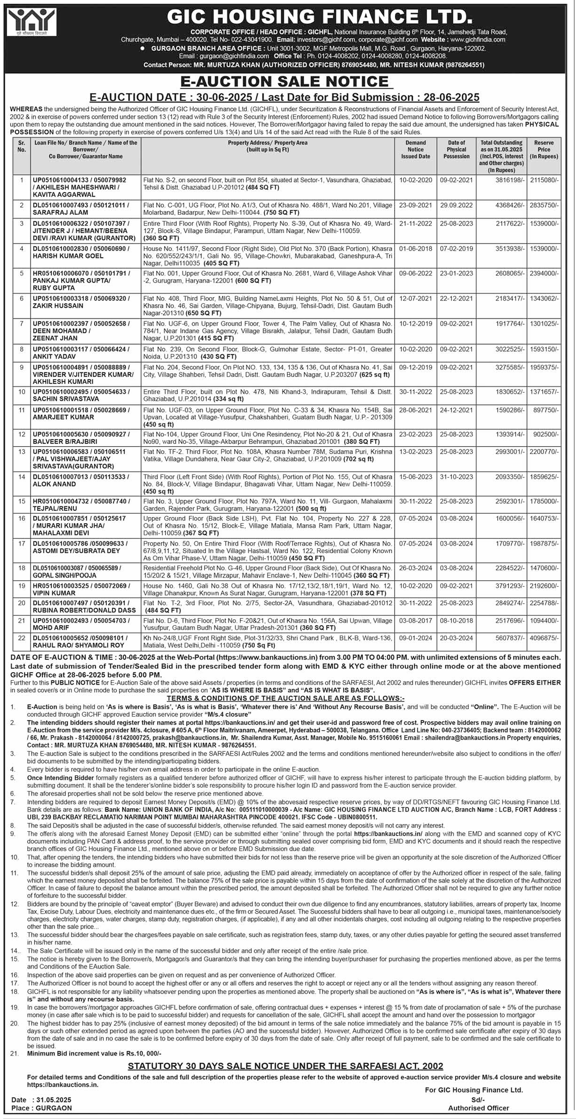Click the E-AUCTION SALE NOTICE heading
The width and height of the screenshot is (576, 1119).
tap(286, 81)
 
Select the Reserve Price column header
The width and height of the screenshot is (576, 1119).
tap(544, 150)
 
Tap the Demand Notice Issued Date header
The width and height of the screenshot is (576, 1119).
tap(415, 150)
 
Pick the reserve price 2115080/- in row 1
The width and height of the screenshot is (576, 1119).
tap(544, 180)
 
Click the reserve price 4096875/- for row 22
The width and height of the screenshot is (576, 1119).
tap(544, 638)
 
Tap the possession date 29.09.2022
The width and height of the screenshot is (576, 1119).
tap(456, 205)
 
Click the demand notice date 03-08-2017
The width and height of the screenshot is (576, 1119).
tap(415, 621)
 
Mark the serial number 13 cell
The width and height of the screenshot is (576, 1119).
tap(22, 452)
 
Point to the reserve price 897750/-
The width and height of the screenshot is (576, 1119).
tap(546, 410)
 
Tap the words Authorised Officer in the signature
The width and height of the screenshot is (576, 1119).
tap(478, 1108)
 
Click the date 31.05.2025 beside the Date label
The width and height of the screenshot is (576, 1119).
tap(54, 1100)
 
